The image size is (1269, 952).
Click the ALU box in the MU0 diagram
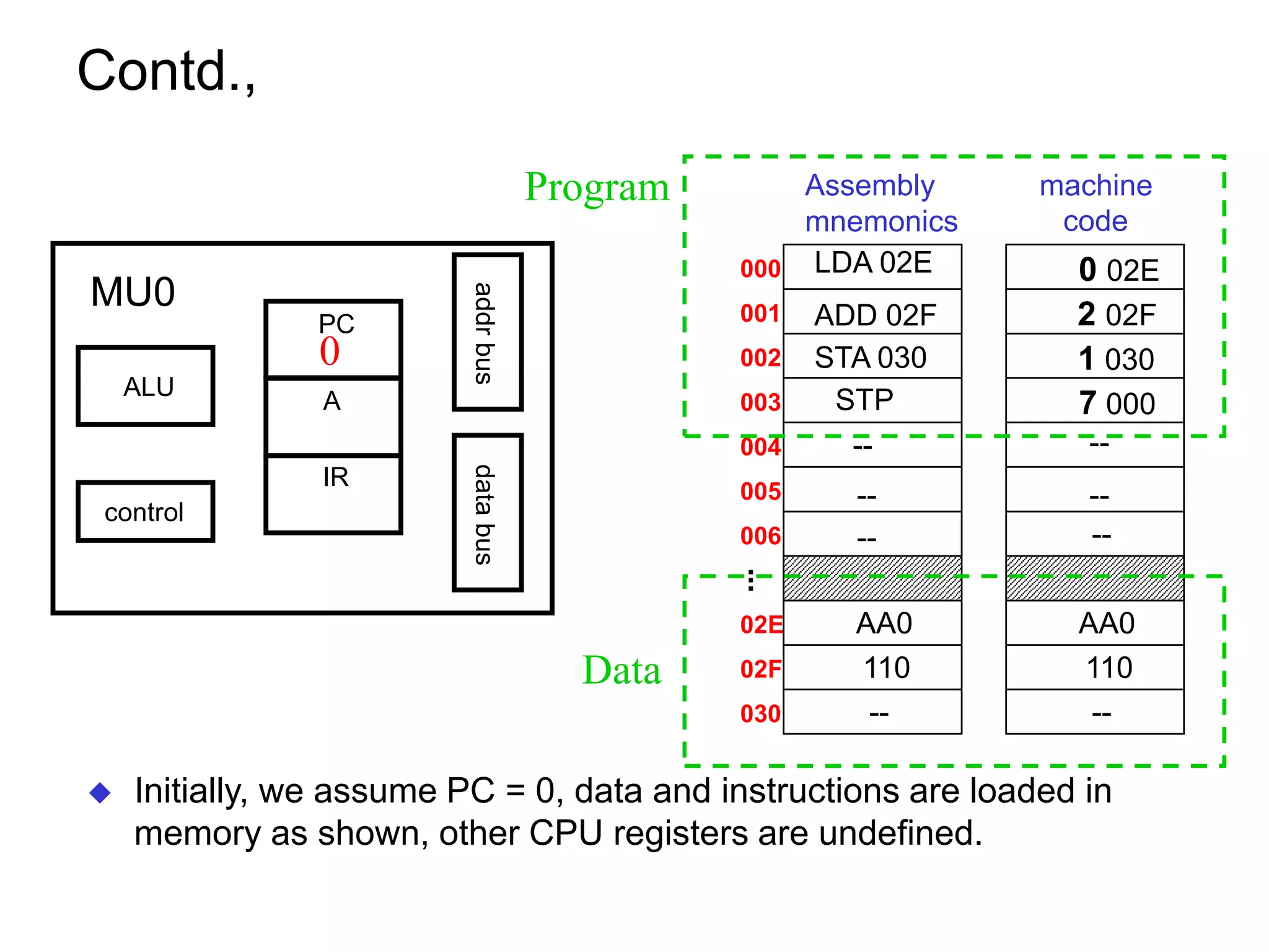click(x=146, y=386)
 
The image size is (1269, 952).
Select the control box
click(x=146, y=512)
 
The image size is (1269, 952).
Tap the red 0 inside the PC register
click(x=330, y=351)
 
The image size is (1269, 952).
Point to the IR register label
click(x=335, y=477)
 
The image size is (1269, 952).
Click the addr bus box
click(x=488, y=332)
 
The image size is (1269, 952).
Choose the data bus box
click(x=488, y=513)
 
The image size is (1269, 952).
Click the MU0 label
click(x=133, y=292)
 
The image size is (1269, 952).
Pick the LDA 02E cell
click(x=872, y=265)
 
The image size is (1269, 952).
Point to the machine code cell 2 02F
click(x=1096, y=314)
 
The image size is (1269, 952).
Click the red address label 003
click(x=760, y=403)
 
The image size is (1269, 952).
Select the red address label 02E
click(x=761, y=625)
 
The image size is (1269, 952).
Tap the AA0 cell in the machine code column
click(x=1096, y=623)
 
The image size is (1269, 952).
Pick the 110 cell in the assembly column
click(x=872, y=668)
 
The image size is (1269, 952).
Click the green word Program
click(x=596, y=187)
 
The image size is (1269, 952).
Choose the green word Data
click(x=621, y=671)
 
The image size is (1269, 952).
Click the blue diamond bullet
click(x=100, y=793)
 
